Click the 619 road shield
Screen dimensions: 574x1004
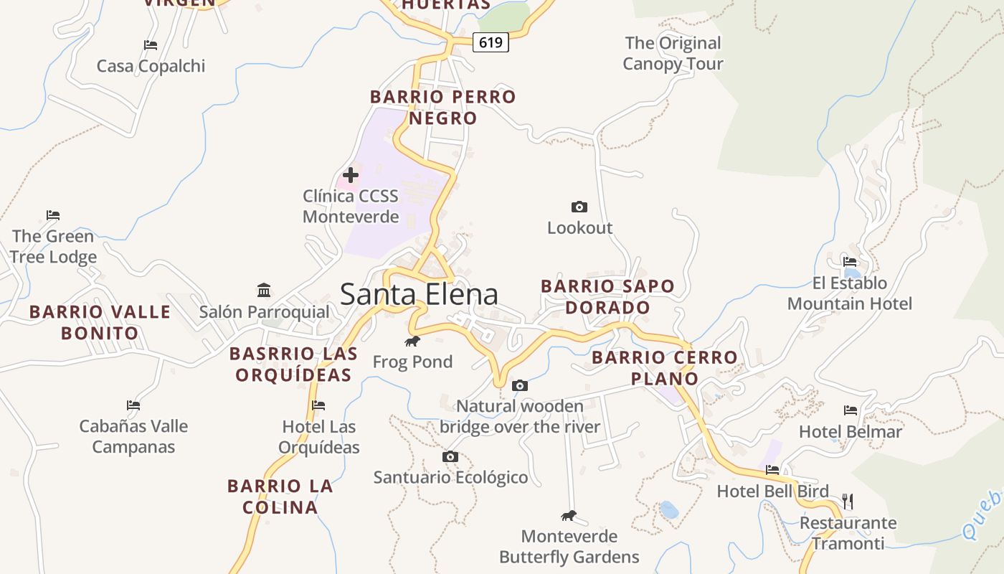click(x=491, y=43)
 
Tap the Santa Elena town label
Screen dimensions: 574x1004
click(x=419, y=294)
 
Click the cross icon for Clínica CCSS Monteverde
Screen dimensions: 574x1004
click(x=351, y=174)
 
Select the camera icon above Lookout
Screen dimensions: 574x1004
click(x=579, y=207)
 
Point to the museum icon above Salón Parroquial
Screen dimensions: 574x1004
click(x=264, y=291)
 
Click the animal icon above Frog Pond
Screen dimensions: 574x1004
click(x=412, y=341)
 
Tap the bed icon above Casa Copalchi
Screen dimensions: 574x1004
click(x=151, y=45)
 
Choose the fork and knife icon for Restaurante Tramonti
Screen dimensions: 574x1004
click(x=848, y=501)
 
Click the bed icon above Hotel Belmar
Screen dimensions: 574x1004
click(x=851, y=410)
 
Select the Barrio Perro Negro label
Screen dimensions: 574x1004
click(x=442, y=107)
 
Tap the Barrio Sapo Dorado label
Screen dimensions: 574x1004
click(x=607, y=296)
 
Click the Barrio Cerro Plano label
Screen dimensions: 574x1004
click(x=665, y=367)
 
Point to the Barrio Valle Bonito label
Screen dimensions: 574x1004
click(x=100, y=322)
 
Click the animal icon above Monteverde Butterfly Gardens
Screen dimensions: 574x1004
click(x=569, y=516)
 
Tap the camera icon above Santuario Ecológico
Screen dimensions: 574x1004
click(x=450, y=457)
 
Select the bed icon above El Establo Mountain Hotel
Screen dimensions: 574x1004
click(x=850, y=261)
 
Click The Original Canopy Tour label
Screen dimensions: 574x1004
click(x=673, y=53)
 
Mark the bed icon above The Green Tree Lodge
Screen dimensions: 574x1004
click(x=53, y=215)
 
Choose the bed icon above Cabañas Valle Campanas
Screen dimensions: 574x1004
click(x=133, y=405)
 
